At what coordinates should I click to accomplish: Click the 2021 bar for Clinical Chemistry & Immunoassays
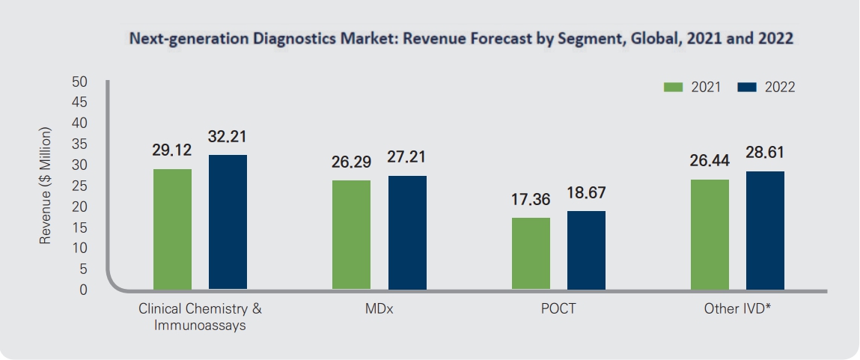[x=172, y=228]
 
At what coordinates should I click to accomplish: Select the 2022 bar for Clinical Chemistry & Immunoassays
[x=228, y=222]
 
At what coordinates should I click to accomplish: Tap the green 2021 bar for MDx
[x=351, y=234]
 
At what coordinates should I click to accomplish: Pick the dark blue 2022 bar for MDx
[x=407, y=232]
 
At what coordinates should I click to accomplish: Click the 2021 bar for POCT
[x=531, y=253]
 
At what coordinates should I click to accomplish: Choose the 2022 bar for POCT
[x=586, y=250]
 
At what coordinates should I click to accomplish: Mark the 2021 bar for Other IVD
[x=710, y=234]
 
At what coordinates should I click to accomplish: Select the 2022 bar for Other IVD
[x=765, y=230]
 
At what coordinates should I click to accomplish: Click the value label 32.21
[x=228, y=137]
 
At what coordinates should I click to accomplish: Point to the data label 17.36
[x=531, y=201]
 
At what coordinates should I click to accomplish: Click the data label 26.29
[x=351, y=162]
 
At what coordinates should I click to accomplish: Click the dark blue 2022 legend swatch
[x=747, y=88]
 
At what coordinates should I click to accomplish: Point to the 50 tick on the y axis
[x=80, y=81]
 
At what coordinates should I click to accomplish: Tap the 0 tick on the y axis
[x=84, y=289]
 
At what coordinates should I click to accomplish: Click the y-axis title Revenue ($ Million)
[x=47, y=185]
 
